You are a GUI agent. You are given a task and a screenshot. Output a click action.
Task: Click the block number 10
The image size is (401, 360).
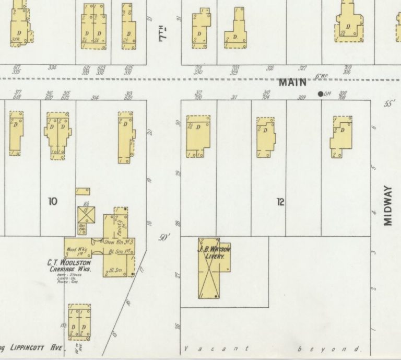tap(53, 201)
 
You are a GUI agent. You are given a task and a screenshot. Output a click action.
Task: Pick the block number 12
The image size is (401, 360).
tap(280, 201)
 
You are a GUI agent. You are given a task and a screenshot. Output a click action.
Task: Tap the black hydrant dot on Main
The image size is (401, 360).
tap(320, 94)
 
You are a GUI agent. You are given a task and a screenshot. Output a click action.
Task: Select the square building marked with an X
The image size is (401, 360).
tap(86, 215)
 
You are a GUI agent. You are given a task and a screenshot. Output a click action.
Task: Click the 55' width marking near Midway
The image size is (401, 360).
tap(389, 104)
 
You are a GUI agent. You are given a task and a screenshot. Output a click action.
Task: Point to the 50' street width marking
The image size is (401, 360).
tap(164, 238)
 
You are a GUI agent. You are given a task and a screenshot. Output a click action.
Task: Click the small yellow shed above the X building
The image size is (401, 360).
tap(82, 192)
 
